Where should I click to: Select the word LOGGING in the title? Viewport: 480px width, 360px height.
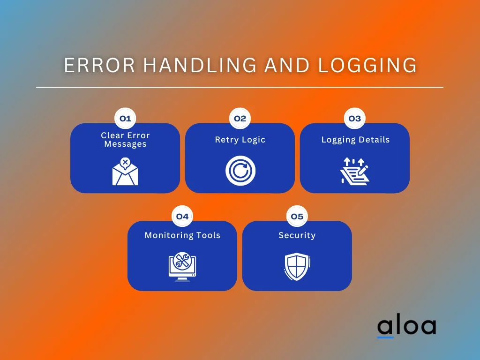pos(367,66)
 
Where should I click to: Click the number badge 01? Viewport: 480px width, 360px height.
pos(125,119)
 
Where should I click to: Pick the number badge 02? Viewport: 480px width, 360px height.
pos(240,119)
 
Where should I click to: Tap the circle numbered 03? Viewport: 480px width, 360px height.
pos(355,119)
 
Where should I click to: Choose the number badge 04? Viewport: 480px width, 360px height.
pos(182,217)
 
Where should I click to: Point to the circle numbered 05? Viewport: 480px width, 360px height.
pos(297,217)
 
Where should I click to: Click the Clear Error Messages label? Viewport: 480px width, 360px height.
pos(125,140)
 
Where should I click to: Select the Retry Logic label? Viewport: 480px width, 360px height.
pos(240,140)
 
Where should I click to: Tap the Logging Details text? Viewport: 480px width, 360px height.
pos(355,140)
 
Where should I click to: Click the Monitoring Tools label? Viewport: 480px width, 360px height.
pos(182,235)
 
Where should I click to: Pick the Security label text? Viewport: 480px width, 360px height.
pos(297,235)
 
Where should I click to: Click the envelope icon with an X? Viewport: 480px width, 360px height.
pos(125,172)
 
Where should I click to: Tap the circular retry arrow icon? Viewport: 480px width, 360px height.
pos(240,171)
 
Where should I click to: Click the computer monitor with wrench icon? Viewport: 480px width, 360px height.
pos(182,267)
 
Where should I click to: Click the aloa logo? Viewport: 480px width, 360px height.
pos(406,326)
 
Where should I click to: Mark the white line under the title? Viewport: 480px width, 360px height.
pos(240,87)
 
